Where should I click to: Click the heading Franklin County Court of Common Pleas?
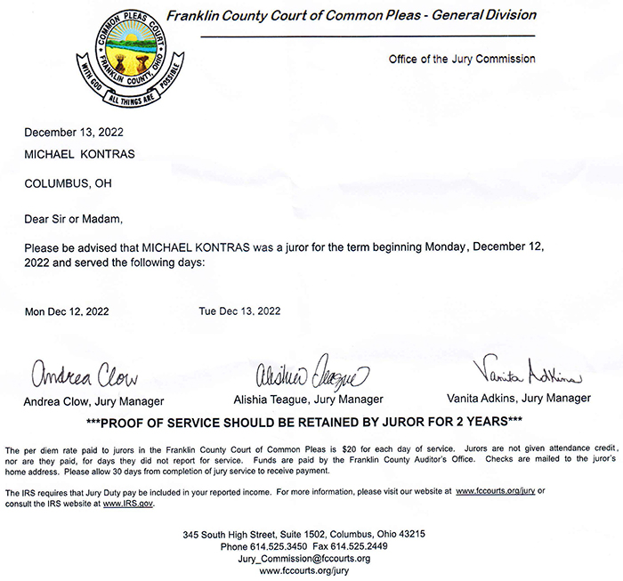(351, 15)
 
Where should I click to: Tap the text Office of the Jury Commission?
(462, 60)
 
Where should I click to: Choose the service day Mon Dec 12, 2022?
(67, 311)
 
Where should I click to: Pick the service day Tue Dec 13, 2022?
(239, 311)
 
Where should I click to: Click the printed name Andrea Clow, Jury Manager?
(93, 400)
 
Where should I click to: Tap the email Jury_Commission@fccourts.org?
(303, 559)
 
